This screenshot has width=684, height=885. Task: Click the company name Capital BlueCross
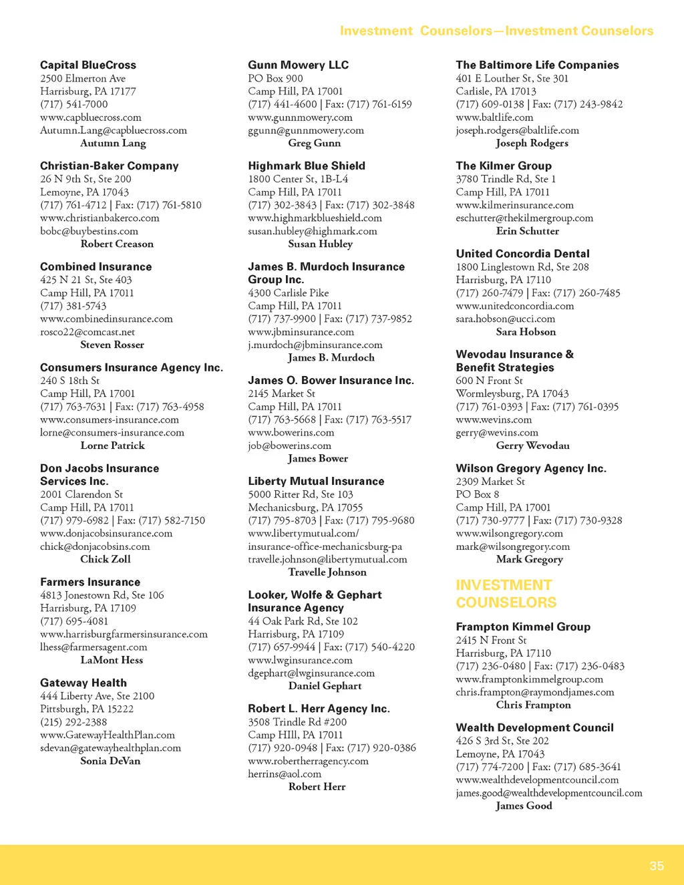pos(88,65)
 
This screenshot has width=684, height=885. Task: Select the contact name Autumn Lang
pos(113,143)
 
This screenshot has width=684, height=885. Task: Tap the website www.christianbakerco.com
pos(100,218)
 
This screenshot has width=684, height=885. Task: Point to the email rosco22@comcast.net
pos(88,332)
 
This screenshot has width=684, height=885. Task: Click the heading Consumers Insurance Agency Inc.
pos(132,367)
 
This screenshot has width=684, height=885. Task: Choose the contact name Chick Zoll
pos(106,559)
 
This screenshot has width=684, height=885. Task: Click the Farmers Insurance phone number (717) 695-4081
pos(73,621)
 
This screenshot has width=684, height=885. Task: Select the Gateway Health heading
pos(83,683)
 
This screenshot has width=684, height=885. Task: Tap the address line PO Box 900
pos(275,78)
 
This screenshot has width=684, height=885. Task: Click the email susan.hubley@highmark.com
pos(313,231)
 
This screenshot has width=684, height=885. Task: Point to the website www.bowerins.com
pos(291,432)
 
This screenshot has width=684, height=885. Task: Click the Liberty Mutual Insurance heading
pos(316,481)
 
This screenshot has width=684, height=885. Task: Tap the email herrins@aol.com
pos(285,773)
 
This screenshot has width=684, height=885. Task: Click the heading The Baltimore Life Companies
pos(537,65)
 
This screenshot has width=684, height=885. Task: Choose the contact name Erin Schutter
pos(528,231)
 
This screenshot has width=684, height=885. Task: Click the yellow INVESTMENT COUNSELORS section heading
pos(506,594)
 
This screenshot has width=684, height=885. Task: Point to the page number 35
pos(657,866)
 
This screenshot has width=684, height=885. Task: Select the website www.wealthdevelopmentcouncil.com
pos(537,779)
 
